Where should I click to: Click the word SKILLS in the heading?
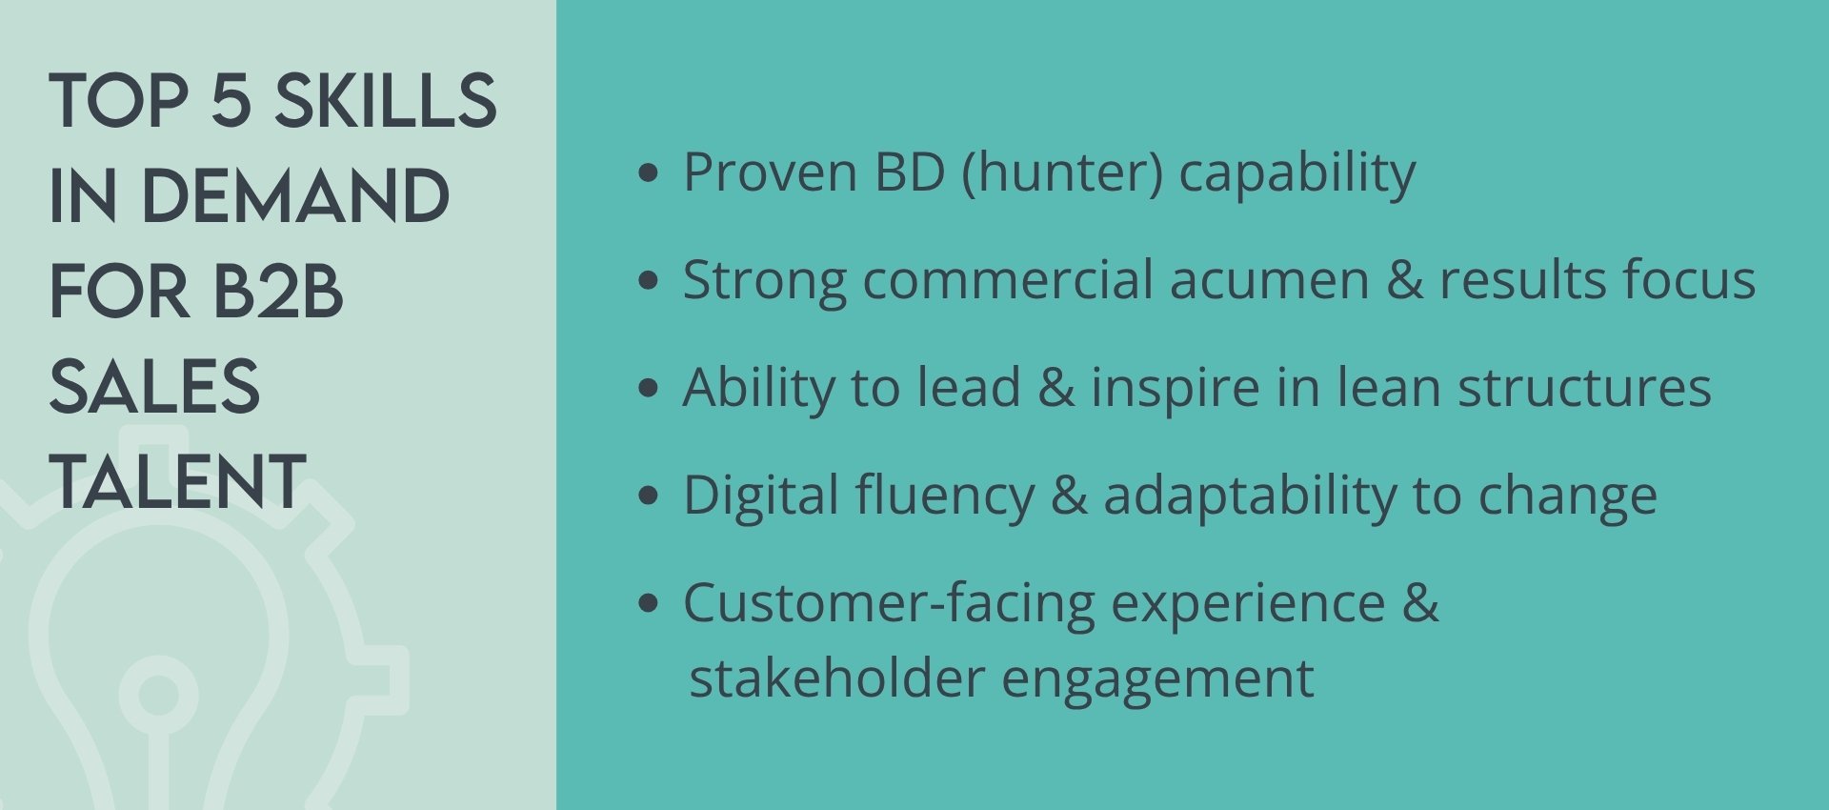386,100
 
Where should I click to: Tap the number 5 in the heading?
231,100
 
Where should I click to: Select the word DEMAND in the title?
295,196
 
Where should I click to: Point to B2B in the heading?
277,292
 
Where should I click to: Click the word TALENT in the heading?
178,481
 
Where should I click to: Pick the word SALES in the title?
154,387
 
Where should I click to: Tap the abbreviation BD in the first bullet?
910,172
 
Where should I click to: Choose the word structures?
1584,389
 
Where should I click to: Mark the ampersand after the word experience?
1420,603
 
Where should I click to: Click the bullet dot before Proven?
649,172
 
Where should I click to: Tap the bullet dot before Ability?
649,388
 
